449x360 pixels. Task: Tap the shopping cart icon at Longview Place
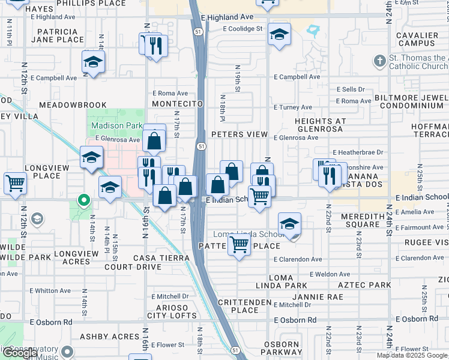[15, 183]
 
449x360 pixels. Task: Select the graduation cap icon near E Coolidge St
[279, 35]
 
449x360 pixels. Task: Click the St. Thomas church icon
[379, 61]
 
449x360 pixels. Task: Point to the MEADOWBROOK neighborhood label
[73, 105]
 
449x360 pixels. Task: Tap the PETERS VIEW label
[239, 134]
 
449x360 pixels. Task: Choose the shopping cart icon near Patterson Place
[240, 244]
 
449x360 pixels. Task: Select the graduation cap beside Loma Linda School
[290, 224]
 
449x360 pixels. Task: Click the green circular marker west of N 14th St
[85, 200]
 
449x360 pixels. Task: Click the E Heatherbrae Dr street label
[357, 153]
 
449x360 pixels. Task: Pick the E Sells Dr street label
[351, 89]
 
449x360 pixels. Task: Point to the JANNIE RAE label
[318, 297]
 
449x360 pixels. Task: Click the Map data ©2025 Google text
[412, 355]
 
